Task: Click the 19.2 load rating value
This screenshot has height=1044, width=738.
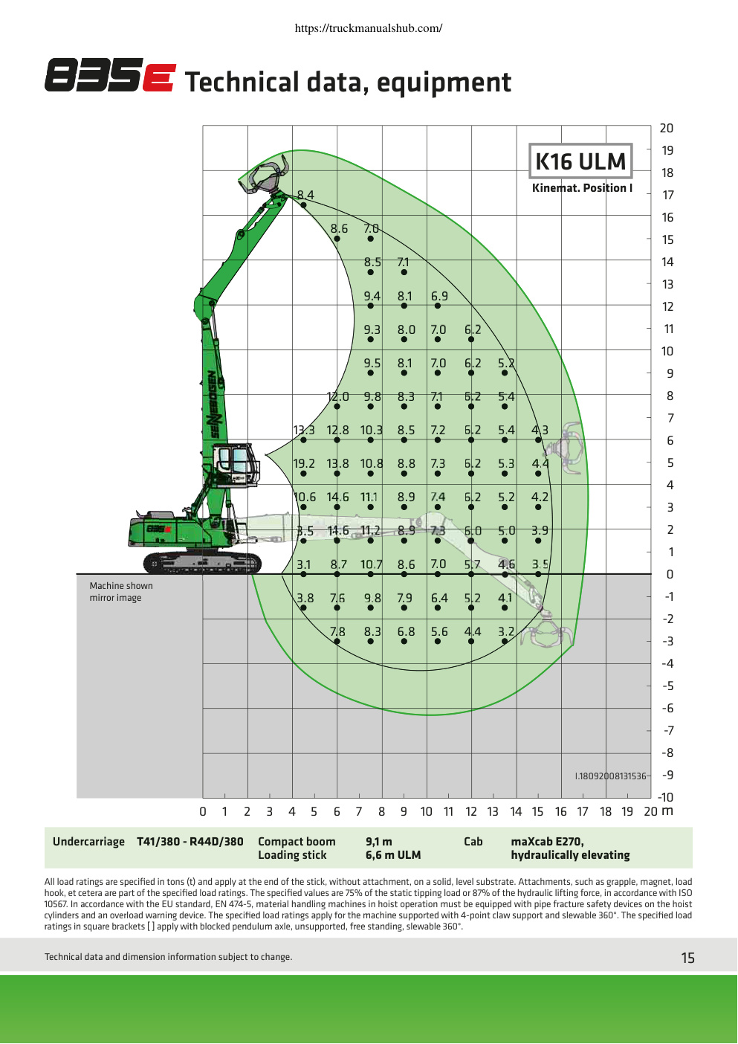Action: (304, 464)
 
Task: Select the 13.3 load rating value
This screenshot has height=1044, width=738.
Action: (304, 431)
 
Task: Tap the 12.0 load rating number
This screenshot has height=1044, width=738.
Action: (337, 396)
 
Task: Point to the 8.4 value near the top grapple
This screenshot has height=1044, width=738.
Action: (305, 195)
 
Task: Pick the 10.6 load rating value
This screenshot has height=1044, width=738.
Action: (305, 497)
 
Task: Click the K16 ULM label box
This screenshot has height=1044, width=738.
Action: (580, 161)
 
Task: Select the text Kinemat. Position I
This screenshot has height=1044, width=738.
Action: (582, 188)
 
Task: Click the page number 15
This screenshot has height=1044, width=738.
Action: (687, 958)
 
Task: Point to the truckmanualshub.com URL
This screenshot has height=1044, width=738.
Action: (369, 28)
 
